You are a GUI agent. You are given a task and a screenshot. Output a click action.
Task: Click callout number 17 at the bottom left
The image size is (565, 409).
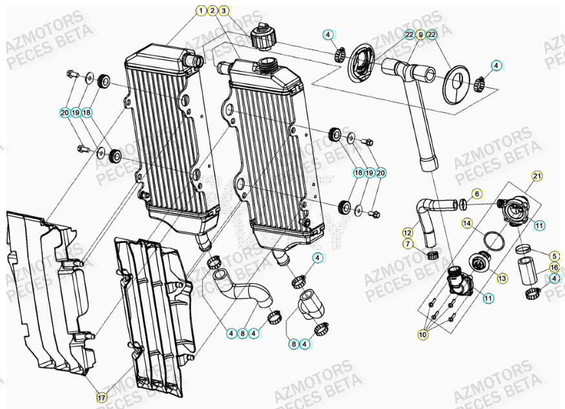tap(101, 396)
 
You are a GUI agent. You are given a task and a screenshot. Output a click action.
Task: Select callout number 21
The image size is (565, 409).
tap(537, 176)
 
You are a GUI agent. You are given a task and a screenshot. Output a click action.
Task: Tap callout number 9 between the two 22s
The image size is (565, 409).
tap(420, 34)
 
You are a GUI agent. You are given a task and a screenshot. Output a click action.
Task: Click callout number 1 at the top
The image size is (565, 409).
tap(201, 10)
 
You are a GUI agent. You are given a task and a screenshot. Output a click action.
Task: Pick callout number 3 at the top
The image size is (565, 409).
tap(223, 10)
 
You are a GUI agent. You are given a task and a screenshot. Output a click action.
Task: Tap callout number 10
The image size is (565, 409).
tap(424, 335)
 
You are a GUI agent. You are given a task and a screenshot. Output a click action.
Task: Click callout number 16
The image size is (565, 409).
tap(554, 267)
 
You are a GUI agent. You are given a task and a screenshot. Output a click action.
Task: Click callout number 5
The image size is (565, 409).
tap(554, 256)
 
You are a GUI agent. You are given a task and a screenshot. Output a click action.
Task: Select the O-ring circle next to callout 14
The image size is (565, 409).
tap(495, 241)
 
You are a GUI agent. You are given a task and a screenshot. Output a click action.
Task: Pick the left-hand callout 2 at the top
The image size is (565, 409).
tap(212, 10)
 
